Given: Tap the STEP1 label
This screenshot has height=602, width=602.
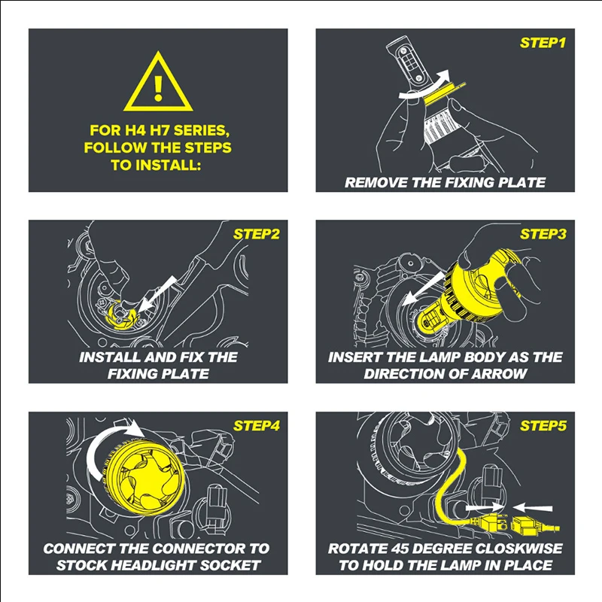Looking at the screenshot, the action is tap(543, 43).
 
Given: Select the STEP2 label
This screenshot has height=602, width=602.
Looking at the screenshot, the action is tap(256, 234).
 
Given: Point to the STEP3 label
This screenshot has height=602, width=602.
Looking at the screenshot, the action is tap(543, 234).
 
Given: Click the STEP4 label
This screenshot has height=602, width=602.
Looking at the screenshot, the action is tap(256, 426).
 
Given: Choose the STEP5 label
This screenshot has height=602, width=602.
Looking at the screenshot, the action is tap(543, 426).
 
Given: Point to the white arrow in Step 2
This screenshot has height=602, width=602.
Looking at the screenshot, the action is tap(157, 293).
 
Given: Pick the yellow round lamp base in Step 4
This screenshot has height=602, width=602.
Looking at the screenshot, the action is tap(146, 474).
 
